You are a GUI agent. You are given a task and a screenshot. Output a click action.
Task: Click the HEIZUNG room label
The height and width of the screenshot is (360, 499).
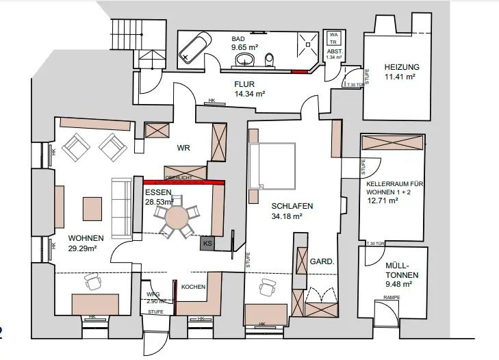click(x=402, y=67)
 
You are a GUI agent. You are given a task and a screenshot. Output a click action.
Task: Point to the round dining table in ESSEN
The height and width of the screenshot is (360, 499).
click(x=177, y=218)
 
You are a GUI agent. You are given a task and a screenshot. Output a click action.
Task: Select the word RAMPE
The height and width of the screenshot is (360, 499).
click(x=391, y=298)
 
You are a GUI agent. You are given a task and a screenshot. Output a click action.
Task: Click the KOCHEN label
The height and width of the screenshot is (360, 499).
click(x=193, y=286)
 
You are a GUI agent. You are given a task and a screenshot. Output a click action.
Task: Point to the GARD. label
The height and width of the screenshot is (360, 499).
click(x=321, y=261)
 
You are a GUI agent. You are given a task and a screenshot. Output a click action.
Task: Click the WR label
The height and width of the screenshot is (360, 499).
click(x=183, y=148)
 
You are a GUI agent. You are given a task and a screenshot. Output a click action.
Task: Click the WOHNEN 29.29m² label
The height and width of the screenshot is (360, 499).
click(x=86, y=243)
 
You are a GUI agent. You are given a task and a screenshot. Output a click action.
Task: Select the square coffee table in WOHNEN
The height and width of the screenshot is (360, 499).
click(x=91, y=207)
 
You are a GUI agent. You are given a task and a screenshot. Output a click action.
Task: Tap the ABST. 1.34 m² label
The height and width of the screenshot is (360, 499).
click(x=334, y=55)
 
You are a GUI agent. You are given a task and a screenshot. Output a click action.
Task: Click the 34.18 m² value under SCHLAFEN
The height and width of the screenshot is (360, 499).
click(x=287, y=216)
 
